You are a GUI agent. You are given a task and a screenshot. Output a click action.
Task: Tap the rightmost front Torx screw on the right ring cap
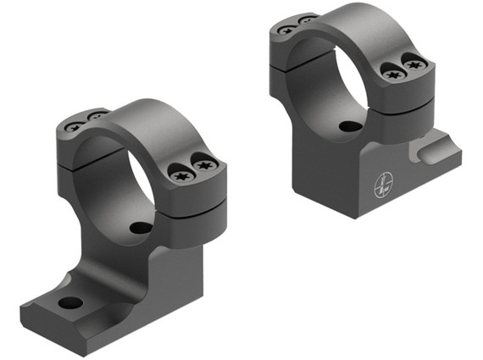tap(414, 63)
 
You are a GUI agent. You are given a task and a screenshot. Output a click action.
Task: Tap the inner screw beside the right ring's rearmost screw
tap(307, 19)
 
